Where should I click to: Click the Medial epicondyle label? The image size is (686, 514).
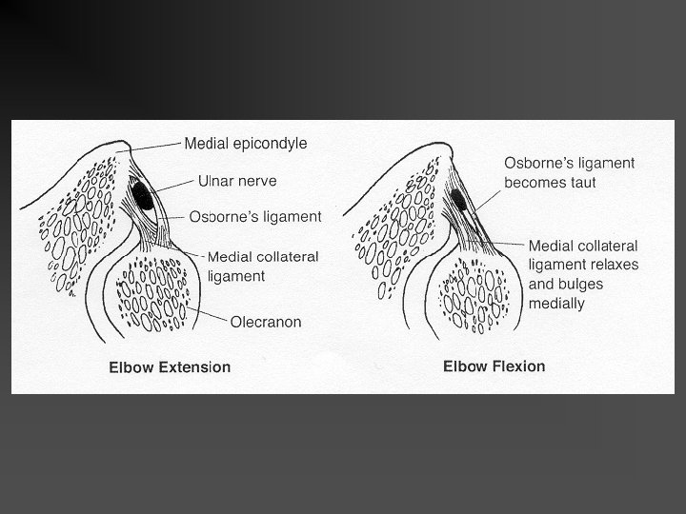246,144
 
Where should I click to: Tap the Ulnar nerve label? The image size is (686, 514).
238,179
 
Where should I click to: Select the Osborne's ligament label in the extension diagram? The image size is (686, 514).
255,216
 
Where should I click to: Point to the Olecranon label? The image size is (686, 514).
266,322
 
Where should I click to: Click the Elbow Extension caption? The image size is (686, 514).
170,367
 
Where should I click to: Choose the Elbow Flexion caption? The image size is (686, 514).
494,366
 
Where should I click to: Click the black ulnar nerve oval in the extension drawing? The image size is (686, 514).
145,200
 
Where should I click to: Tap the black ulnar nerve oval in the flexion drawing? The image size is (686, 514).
457,199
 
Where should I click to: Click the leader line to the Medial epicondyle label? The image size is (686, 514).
152,145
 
